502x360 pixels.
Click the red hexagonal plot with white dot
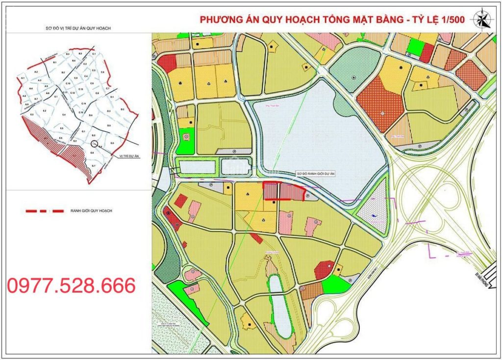coord(324,269)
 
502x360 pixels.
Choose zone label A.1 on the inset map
coord(23,78)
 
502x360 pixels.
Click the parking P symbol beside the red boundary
coord(307,195)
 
